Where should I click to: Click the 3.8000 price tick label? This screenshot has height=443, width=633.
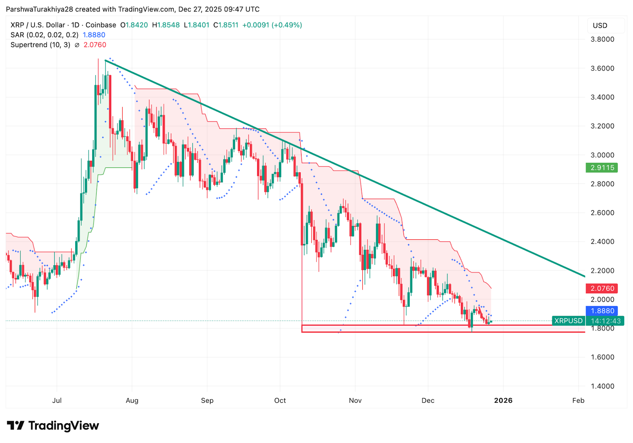(602, 39)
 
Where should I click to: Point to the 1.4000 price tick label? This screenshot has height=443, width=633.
(602, 386)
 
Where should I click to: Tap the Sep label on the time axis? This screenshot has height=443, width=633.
(207, 400)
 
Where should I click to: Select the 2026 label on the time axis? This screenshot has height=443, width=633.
(503, 400)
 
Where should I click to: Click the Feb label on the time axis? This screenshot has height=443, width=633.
(578, 400)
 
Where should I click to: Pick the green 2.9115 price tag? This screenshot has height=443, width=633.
(602, 168)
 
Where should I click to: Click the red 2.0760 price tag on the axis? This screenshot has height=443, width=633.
(602, 288)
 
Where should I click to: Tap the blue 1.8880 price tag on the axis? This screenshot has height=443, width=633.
(602, 311)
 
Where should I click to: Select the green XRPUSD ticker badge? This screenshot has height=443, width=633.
(568, 320)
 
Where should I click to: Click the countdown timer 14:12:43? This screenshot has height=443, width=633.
(606, 321)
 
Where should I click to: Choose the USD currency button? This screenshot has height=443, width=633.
(600, 26)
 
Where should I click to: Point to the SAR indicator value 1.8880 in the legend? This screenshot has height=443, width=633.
(94, 35)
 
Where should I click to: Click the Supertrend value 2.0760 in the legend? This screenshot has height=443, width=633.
(95, 45)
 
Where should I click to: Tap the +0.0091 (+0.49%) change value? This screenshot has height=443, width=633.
(272, 25)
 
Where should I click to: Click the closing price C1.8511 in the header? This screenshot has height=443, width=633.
(226, 25)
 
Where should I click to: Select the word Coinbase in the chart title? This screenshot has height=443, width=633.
(101, 25)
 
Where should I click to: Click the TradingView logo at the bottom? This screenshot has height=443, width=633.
(53, 426)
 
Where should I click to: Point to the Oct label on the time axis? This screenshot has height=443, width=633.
(280, 400)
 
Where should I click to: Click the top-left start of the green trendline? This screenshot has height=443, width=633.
(106, 60)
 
